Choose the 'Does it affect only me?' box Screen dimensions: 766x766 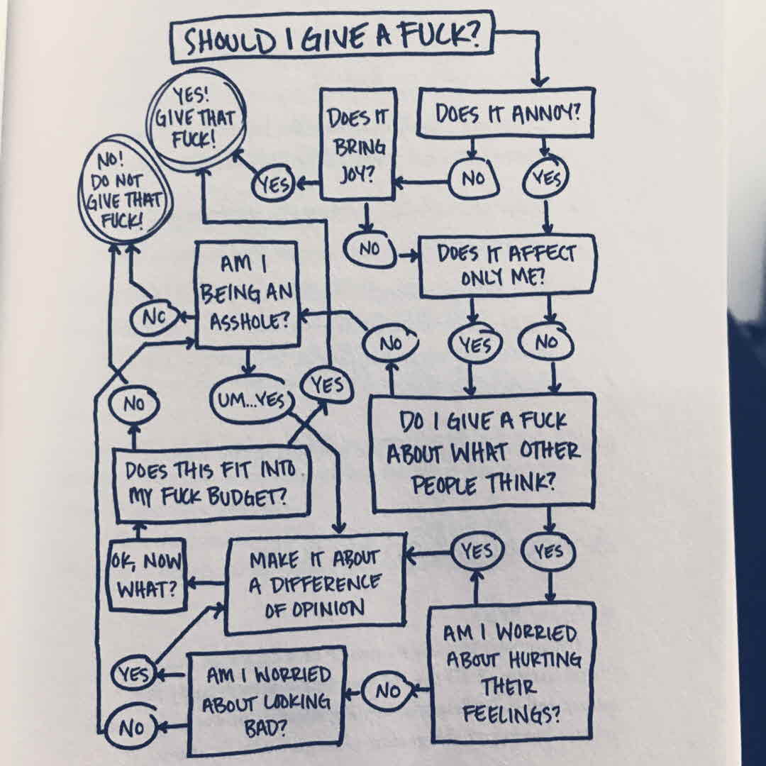tap(506, 265)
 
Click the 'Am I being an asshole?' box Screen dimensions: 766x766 tap(246, 292)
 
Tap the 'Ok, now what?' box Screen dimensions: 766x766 tap(145, 574)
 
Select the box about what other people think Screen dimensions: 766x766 tap(483, 452)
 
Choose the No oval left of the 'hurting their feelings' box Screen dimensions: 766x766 tap(387, 690)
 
